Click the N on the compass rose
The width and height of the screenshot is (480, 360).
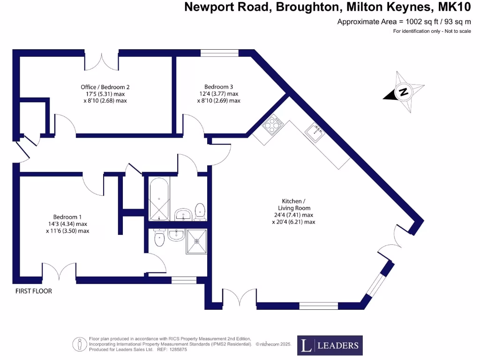403,92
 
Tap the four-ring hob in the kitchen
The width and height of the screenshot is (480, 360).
273,125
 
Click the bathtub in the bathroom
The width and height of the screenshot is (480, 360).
159,199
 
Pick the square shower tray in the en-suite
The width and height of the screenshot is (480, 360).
197,240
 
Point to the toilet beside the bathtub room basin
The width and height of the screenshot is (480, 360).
200,211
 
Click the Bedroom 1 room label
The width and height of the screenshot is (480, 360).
67,217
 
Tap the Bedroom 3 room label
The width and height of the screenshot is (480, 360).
218,87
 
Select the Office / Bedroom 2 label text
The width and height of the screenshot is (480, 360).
105,87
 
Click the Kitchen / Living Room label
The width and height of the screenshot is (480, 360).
293,204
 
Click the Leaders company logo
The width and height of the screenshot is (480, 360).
330,345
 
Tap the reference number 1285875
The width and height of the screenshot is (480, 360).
178,349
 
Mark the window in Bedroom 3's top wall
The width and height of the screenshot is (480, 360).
216,53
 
